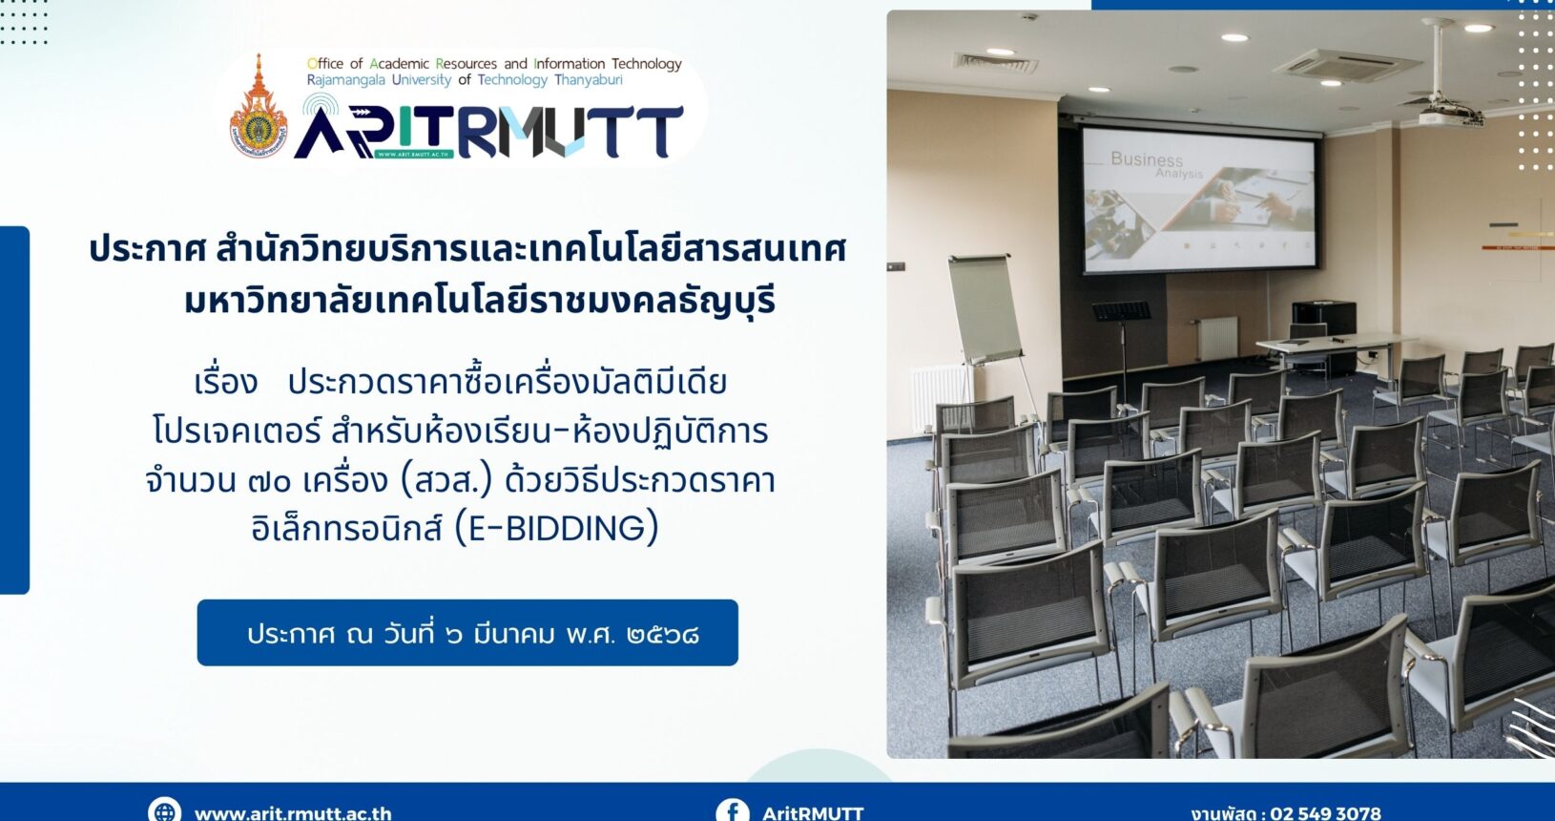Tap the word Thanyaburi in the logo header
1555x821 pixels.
pyautogui.click(x=588, y=80)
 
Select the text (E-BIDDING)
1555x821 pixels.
pyautogui.click(x=556, y=528)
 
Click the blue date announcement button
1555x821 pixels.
pyautogui.click(x=467, y=633)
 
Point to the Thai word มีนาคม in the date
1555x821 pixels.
pyautogui.click(x=513, y=634)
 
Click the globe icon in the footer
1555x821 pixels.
pyautogui.click(x=164, y=810)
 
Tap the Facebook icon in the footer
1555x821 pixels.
pyautogui.click(x=733, y=810)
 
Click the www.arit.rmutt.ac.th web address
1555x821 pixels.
pyautogui.click(x=293, y=813)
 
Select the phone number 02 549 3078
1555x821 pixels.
pyautogui.click(x=1325, y=813)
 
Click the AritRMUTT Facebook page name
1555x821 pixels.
pyautogui.click(x=813, y=813)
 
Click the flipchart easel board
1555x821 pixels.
pyautogui.click(x=985, y=310)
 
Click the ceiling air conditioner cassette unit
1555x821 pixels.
pyautogui.click(x=1348, y=66)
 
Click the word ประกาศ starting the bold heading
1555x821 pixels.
pyautogui.click(x=148, y=250)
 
